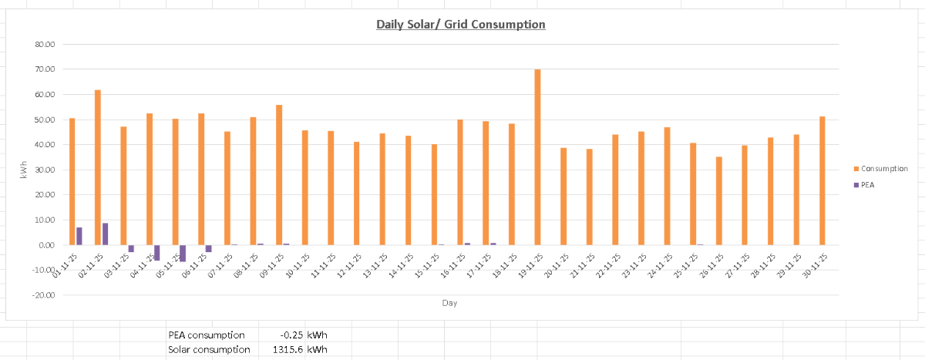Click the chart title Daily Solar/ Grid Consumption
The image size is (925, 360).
(460, 25)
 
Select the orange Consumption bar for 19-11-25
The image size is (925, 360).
(537, 157)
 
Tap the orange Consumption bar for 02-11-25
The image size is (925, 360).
(98, 167)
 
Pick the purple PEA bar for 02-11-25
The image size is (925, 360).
(105, 234)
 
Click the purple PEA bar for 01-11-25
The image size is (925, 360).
(79, 236)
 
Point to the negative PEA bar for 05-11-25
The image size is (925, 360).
(183, 253)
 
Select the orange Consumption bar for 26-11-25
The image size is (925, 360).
(718, 200)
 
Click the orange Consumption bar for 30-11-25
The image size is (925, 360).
(822, 180)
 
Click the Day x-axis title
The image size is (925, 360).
(449, 303)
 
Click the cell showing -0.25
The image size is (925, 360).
(292, 335)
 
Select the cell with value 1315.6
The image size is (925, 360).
(289, 350)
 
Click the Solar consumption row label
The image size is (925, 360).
(208, 350)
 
